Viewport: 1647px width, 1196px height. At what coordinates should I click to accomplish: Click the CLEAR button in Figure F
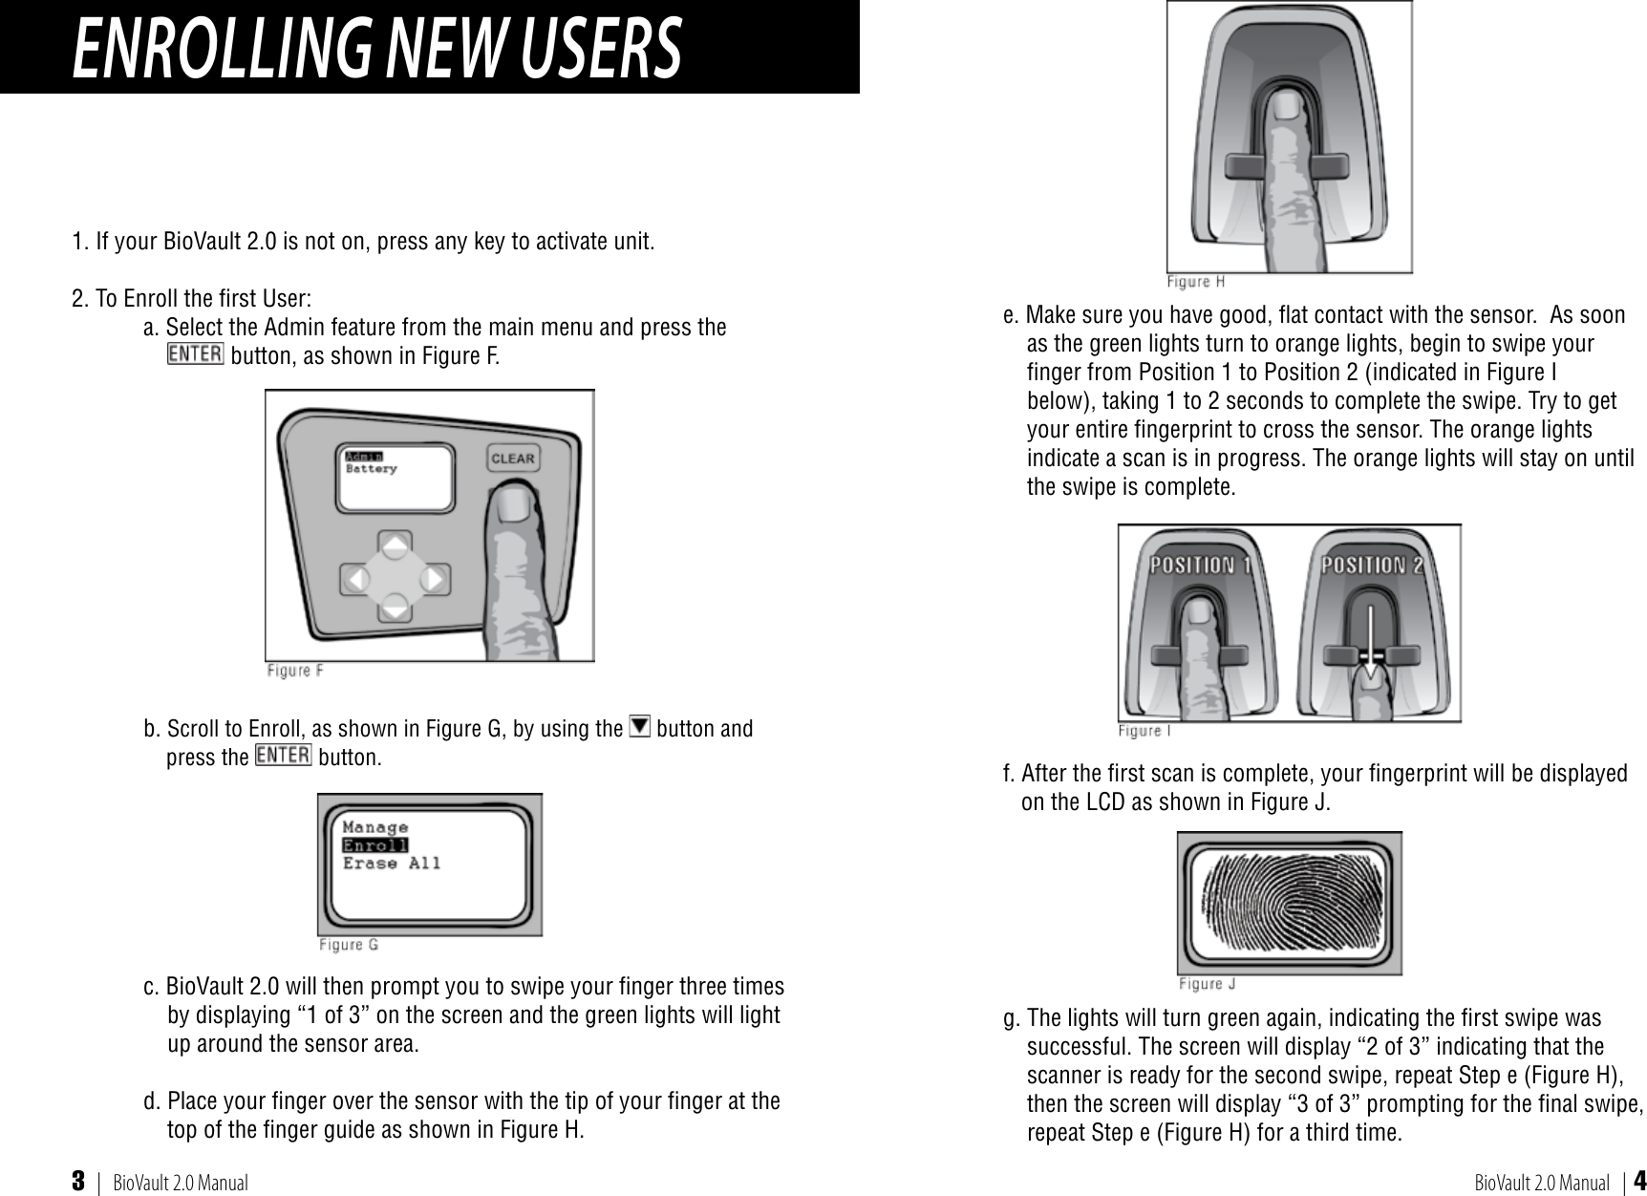(512, 459)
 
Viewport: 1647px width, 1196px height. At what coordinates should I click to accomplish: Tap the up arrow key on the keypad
(396, 545)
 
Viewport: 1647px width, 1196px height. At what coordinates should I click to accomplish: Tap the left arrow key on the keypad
(356, 579)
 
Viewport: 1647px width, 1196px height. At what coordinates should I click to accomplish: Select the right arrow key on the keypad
(434, 579)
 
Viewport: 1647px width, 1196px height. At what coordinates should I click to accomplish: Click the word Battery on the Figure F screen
(371, 469)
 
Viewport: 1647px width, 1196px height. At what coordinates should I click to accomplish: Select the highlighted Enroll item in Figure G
(375, 845)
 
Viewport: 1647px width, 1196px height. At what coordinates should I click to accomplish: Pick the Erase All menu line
(392, 864)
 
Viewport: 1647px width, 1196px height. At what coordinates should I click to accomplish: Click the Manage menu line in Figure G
(375, 827)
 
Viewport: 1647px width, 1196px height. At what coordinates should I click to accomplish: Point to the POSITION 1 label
(1200, 565)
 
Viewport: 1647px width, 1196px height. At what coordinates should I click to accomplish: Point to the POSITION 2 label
(1372, 565)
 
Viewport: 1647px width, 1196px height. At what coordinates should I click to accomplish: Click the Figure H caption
(1195, 282)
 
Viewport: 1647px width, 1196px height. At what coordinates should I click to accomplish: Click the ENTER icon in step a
(195, 353)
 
